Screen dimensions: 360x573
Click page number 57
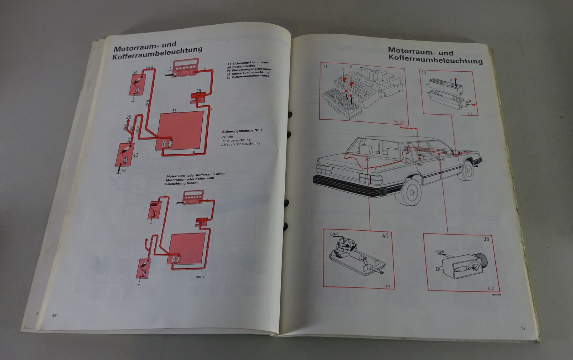click(x=523, y=328)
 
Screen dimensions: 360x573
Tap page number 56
click(x=54, y=316)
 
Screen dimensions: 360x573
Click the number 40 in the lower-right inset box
click(x=385, y=236)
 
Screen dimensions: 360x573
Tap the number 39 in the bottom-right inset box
click(x=486, y=239)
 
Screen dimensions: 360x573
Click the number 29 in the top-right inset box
click(x=424, y=73)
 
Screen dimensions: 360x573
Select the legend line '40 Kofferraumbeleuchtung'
click(x=250, y=76)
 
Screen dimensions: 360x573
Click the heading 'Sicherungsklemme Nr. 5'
click(x=242, y=130)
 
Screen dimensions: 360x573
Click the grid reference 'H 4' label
click(x=387, y=286)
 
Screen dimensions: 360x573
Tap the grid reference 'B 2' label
click(x=491, y=288)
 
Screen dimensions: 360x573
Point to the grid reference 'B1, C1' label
click(x=399, y=123)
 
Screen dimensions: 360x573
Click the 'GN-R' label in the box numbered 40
click(x=335, y=235)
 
